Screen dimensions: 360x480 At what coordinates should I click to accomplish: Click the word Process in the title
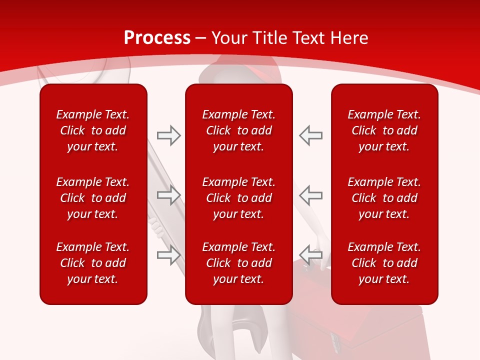tap(157, 38)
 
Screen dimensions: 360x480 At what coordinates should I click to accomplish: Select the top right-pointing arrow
tap(168, 135)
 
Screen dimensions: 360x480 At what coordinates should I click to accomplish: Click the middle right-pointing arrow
tap(168, 195)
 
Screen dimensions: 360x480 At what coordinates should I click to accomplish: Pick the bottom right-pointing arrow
tap(168, 255)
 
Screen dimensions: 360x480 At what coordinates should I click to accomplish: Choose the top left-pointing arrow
tap(310, 135)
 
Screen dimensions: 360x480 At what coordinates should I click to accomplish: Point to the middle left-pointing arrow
tap(310, 195)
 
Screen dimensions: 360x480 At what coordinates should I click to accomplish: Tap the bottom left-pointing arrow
tap(310, 255)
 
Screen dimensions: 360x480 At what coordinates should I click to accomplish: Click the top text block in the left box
tap(93, 130)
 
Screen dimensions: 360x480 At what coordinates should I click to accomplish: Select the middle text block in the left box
tap(93, 198)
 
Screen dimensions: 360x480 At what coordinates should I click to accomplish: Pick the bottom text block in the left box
tap(93, 263)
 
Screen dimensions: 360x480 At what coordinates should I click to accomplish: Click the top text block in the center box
tap(238, 130)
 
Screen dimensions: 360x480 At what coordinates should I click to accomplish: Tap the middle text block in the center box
tap(238, 198)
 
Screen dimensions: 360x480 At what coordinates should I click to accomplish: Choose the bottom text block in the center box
tap(238, 263)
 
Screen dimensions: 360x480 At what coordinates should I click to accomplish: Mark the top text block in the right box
tap(384, 130)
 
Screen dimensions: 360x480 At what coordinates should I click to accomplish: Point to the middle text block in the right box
tap(384, 198)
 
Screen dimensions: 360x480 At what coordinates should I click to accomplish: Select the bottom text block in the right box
tap(384, 263)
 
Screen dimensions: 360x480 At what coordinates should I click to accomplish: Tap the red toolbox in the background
tap(380, 325)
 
